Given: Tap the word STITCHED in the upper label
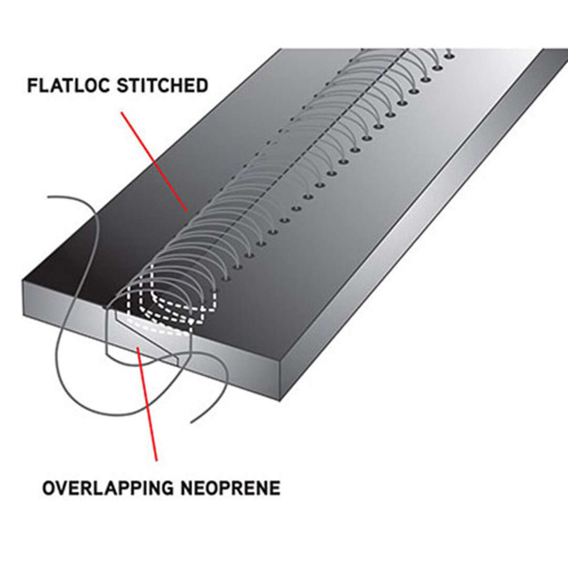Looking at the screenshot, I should [x=163, y=86].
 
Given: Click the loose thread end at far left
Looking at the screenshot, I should [x=49, y=197].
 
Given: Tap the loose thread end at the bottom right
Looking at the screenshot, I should [x=192, y=422].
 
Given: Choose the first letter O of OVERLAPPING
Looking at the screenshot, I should [x=49, y=488].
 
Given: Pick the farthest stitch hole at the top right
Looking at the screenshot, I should [x=450, y=55].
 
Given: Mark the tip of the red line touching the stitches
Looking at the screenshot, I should [x=187, y=210].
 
